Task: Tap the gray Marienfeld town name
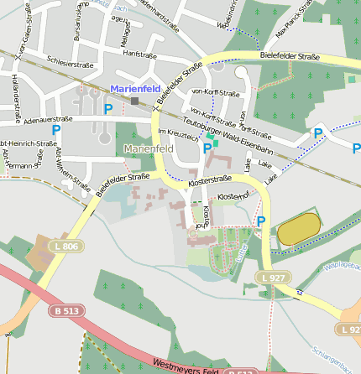[x=148, y=149]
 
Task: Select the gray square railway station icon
[x=133, y=101]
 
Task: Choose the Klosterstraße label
[x=210, y=180]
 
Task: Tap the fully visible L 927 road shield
[x=274, y=277]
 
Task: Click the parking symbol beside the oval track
[x=260, y=221]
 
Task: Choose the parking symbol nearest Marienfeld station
[x=107, y=108]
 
